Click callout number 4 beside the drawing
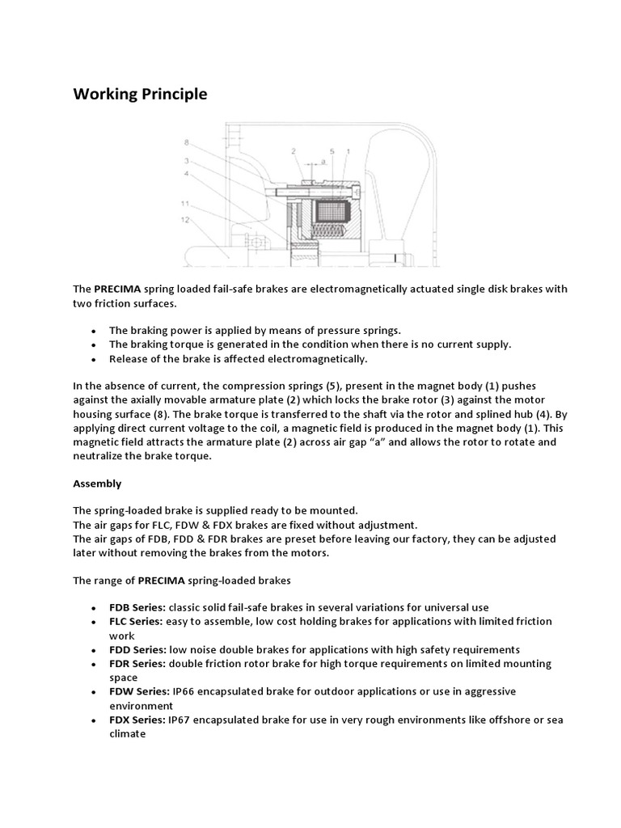(x=187, y=172)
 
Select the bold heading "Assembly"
(x=97, y=484)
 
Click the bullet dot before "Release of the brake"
(x=94, y=358)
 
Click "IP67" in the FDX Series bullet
(x=180, y=720)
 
